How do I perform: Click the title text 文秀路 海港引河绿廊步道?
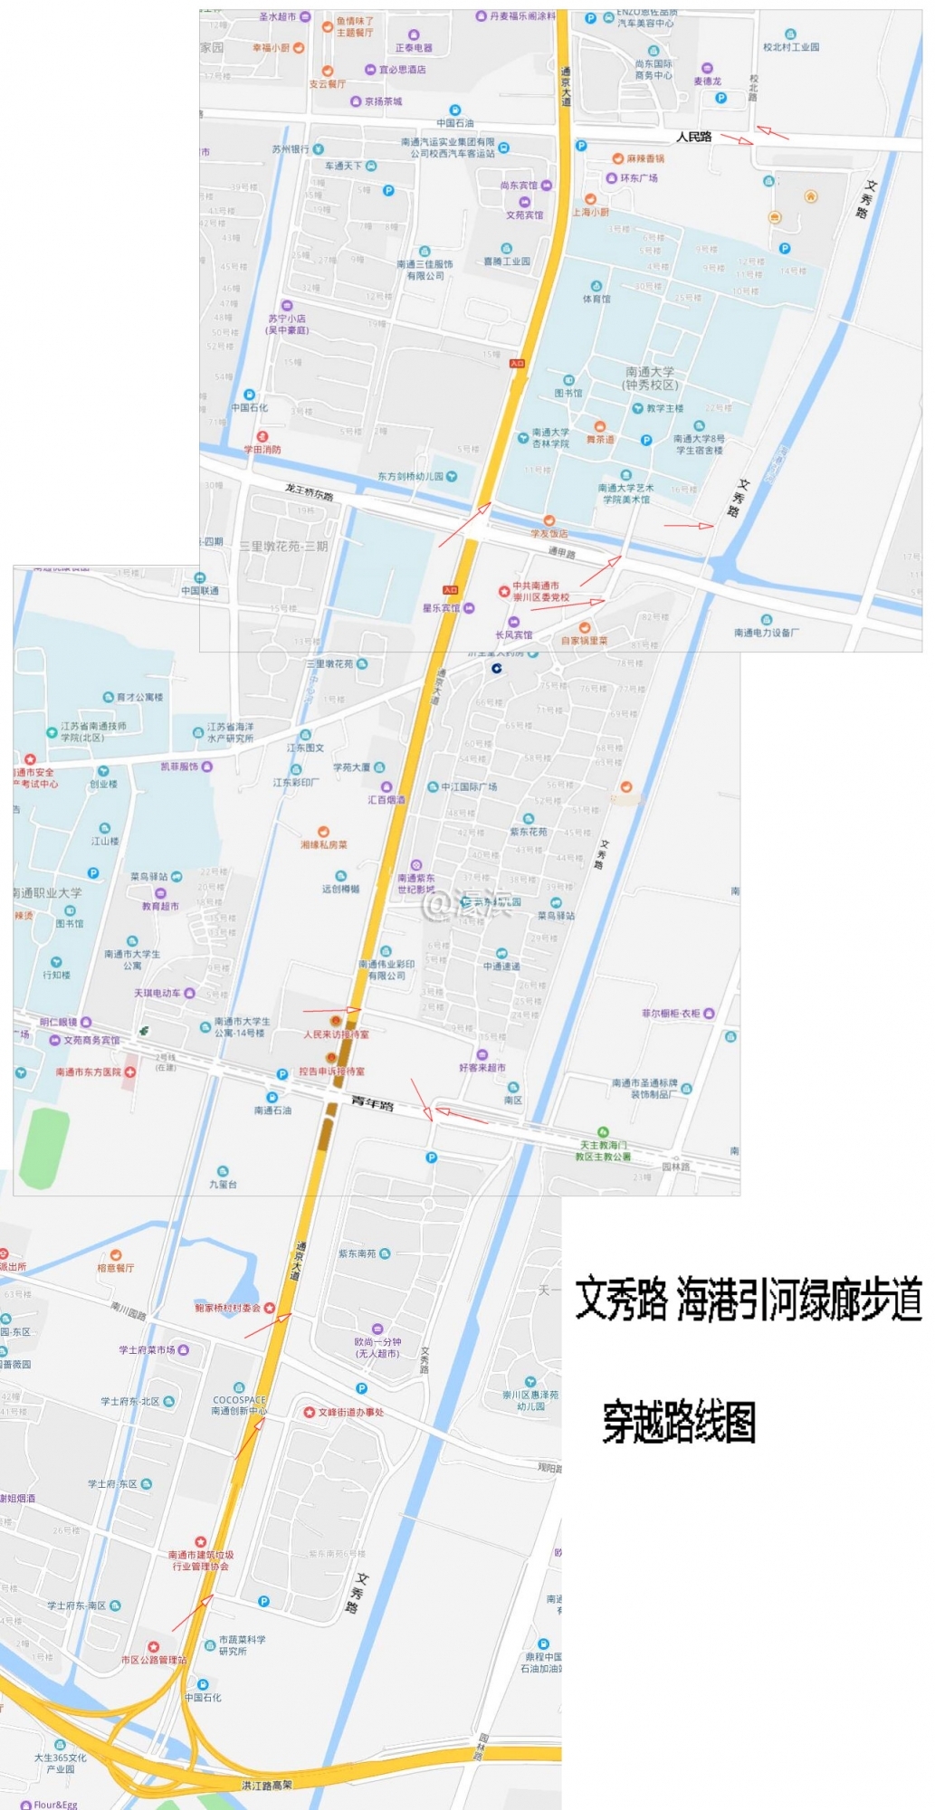pyautogui.click(x=749, y=1300)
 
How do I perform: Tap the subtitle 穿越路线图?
pyautogui.click(x=679, y=1422)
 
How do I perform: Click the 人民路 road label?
pyautogui.click(x=693, y=137)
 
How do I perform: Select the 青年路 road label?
pyautogui.click(x=372, y=1103)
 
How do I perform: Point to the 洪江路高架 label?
pyautogui.click(x=267, y=1785)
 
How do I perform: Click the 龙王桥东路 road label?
pyautogui.click(x=309, y=491)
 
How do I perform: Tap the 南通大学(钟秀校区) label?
pyautogui.click(x=650, y=378)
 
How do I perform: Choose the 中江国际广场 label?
pyautogui.click(x=469, y=786)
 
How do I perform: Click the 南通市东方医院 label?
pyautogui.click(x=89, y=1072)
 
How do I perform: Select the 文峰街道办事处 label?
pyautogui.click(x=350, y=1412)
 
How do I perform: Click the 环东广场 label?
pyautogui.click(x=638, y=178)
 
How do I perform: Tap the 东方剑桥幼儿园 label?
pyautogui.click(x=411, y=476)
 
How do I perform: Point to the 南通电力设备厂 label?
pyautogui.click(x=766, y=632)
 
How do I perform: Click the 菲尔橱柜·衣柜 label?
pyautogui.click(x=671, y=1014)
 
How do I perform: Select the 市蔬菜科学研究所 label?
pyautogui.click(x=242, y=1644)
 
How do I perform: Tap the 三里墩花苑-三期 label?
pyautogui.click(x=283, y=547)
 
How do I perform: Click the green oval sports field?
pyautogui.click(x=44, y=1148)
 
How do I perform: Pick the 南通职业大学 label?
pyautogui.click(x=48, y=892)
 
